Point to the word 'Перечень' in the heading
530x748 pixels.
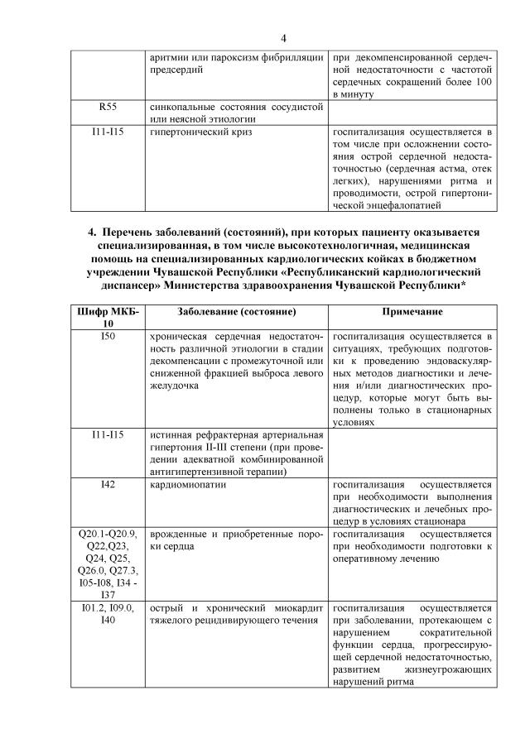click(x=134, y=233)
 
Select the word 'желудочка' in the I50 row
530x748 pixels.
click(x=176, y=386)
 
